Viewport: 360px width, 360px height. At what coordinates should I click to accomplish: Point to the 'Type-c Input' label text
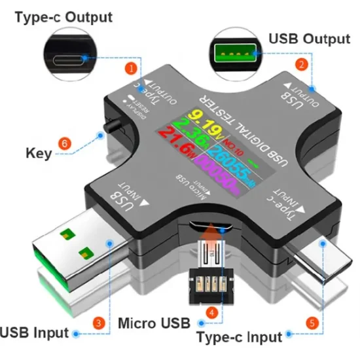pyautogui.click(x=240, y=337)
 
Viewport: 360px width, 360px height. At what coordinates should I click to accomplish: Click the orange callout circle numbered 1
pyautogui.click(x=132, y=67)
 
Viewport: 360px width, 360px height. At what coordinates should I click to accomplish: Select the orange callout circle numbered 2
pyautogui.click(x=302, y=64)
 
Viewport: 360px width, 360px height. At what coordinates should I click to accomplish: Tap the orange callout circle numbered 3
pyautogui.click(x=98, y=322)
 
